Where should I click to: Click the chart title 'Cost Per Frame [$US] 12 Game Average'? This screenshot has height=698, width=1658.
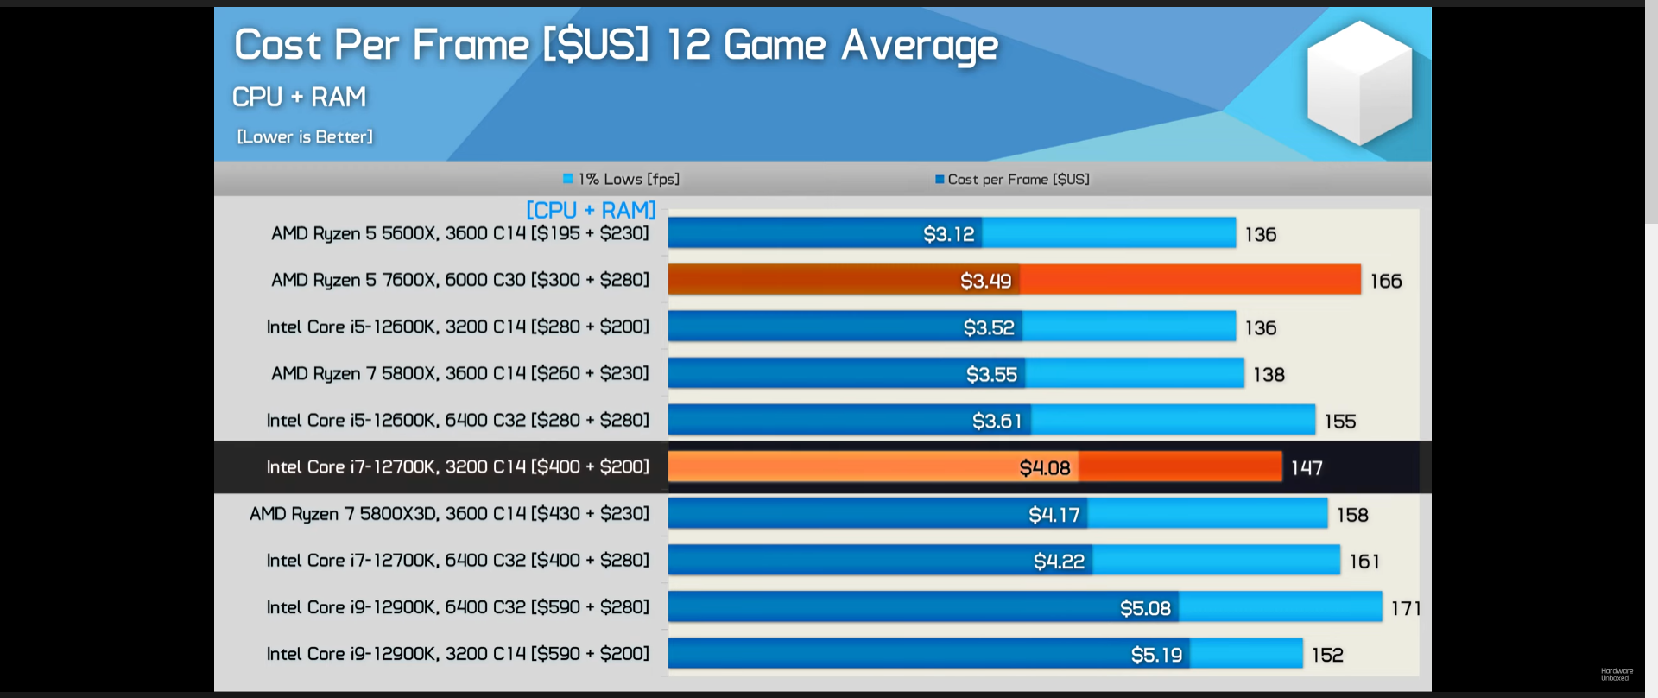[x=616, y=45]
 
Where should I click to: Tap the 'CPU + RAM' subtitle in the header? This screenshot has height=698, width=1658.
[x=299, y=97]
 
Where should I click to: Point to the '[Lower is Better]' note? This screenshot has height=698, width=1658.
[x=305, y=136]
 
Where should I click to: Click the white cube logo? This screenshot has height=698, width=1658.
[x=1359, y=83]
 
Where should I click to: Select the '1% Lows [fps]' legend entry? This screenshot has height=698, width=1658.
[x=622, y=179]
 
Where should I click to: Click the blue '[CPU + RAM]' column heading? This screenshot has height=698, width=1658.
[x=591, y=210]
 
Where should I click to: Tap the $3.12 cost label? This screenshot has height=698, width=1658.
[x=948, y=234]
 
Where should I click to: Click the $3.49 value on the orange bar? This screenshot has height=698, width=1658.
[x=985, y=281]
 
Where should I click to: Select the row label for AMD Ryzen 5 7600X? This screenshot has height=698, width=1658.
[x=459, y=280]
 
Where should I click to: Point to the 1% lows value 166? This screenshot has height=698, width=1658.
[x=1385, y=281]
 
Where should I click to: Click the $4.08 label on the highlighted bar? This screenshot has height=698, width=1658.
[x=1044, y=467]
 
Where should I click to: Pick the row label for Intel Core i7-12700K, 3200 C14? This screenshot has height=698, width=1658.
[x=457, y=467]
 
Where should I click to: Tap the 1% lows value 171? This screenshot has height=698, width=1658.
[x=1405, y=608]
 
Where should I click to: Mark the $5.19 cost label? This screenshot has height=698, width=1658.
[x=1156, y=655]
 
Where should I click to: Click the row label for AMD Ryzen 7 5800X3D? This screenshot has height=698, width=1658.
[x=449, y=514]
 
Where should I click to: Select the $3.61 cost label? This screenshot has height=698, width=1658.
[x=997, y=421]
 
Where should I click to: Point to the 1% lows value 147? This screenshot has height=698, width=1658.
[x=1306, y=467]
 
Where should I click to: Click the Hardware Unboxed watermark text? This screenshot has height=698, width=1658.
[x=1616, y=674]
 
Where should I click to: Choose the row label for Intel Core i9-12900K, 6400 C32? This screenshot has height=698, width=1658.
[x=457, y=607]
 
